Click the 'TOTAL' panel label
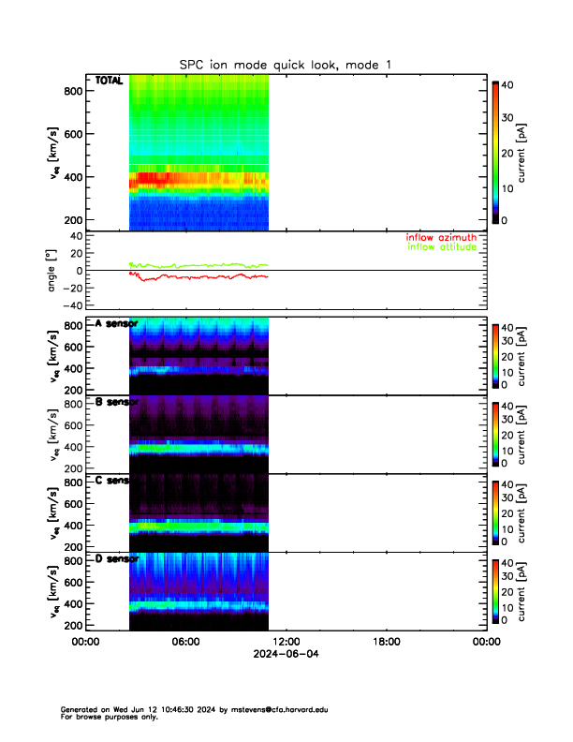[x=110, y=82]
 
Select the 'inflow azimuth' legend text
[x=441, y=238]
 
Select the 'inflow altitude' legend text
[x=441, y=247]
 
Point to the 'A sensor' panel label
[x=117, y=324]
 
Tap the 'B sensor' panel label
[x=117, y=402]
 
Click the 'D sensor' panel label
[x=117, y=559]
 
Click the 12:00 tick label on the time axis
[x=286, y=642]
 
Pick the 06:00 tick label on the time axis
[x=185, y=642]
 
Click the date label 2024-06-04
[x=286, y=654]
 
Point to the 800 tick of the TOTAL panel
[x=71, y=91]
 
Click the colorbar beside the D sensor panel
[x=494, y=590]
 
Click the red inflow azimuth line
[x=187, y=277]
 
